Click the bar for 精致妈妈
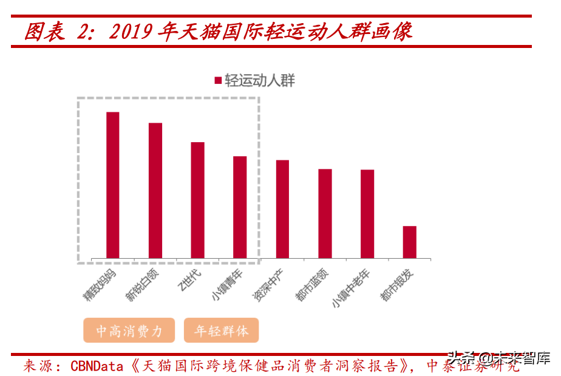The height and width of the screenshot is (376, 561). pyautogui.click(x=113, y=185)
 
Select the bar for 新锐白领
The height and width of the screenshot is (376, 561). pyautogui.click(x=155, y=191)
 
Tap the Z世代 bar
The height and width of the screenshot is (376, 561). pyautogui.click(x=198, y=200)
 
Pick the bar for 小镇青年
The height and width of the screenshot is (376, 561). pyautogui.click(x=240, y=207)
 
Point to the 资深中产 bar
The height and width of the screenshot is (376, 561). pyautogui.click(x=282, y=209)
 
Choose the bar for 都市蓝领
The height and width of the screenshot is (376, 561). pyautogui.click(x=325, y=214)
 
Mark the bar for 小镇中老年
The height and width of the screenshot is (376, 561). pyautogui.click(x=367, y=214)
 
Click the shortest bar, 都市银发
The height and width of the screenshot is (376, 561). pyautogui.click(x=410, y=242)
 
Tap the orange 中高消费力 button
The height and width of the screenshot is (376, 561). pyautogui.click(x=129, y=330)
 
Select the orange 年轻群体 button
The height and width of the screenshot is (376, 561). pyautogui.click(x=221, y=330)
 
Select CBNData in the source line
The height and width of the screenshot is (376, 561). pyautogui.click(x=100, y=366)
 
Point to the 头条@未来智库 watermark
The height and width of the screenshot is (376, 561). pyautogui.click(x=498, y=358)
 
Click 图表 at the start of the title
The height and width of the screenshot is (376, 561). pyautogui.click(x=44, y=32)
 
